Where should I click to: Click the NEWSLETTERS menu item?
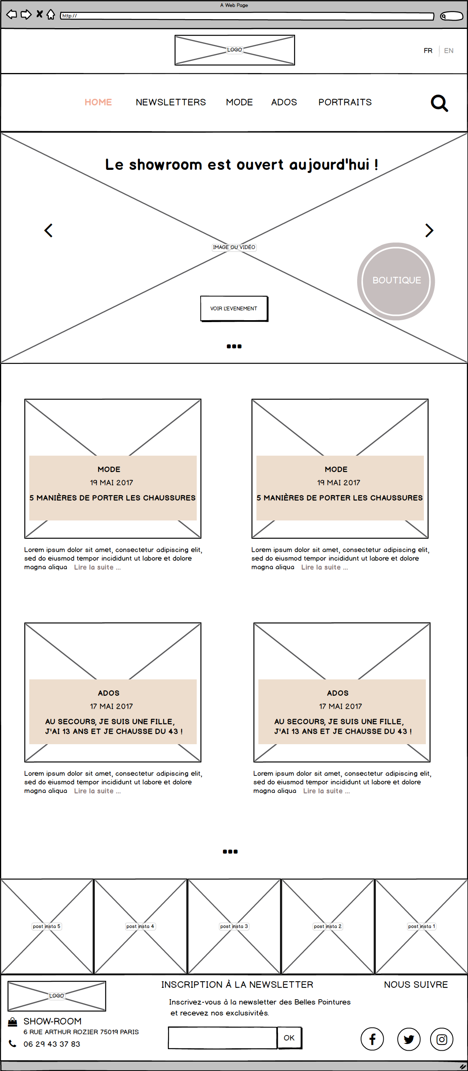(x=171, y=102)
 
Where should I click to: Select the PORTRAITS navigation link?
(x=345, y=102)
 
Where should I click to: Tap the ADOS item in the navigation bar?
(x=284, y=102)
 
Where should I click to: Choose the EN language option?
(x=448, y=51)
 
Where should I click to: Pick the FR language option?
(x=428, y=51)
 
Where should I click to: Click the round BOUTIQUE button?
(x=396, y=281)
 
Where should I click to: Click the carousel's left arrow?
(x=49, y=230)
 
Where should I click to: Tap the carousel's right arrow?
(x=429, y=230)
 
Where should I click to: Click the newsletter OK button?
(x=289, y=1038)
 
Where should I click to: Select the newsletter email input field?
(x=222, y=1038)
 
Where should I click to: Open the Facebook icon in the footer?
(x=372, y=1039)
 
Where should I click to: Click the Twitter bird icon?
(x=409, y=1039)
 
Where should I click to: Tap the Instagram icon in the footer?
(x=441, y=1039)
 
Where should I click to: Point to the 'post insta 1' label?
(x=422, y=926)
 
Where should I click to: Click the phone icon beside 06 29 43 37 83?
(x=13, y=1044)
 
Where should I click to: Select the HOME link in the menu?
(x=98, y=102)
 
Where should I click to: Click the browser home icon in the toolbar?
(x=51, y=14)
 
